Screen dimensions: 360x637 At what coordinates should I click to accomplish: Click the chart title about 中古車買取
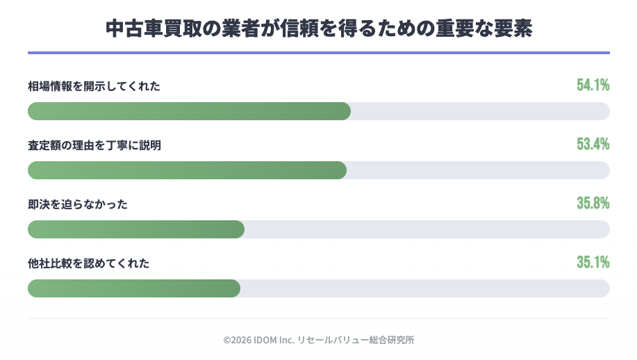(318, 28)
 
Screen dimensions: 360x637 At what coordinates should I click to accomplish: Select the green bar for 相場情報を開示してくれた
(189, 111)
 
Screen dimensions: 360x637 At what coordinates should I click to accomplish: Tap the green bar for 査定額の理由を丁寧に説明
(187, 170)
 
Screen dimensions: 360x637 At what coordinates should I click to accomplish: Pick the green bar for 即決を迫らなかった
(136, 229)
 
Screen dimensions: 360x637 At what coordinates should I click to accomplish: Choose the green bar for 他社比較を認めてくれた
(134, 288)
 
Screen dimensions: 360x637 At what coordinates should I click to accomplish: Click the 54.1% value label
(593, 85)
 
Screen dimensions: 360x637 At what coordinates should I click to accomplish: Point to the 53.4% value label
(593, 144)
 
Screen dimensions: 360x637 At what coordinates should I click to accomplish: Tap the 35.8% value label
(593, 203)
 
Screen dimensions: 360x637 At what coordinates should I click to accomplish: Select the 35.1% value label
(593, 262)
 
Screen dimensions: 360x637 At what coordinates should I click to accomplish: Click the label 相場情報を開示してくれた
(94, 86)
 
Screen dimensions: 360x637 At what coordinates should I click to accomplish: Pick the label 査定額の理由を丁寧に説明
(94, 145)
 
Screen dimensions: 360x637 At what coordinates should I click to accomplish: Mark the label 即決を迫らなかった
(78, 204)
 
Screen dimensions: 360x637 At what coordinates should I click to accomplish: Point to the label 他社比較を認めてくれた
(89, 263)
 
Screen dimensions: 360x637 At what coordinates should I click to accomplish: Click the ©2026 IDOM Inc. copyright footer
(260, 341)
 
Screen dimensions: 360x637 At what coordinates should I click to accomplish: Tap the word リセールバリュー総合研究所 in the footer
(356, 341)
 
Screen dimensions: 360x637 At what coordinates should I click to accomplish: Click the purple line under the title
(318, 53)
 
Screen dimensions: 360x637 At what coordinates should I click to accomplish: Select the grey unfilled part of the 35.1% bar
(424, 288)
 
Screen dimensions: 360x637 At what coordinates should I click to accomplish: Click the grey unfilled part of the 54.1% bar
(479, 111)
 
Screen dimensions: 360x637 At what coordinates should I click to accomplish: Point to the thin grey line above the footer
(318, 319)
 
